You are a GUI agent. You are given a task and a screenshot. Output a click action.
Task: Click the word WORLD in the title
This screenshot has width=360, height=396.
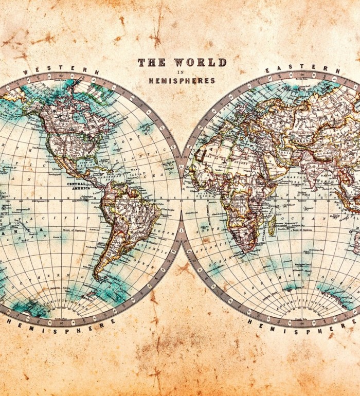(200, 63)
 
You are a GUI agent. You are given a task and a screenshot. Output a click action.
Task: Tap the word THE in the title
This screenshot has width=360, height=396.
(152, 63)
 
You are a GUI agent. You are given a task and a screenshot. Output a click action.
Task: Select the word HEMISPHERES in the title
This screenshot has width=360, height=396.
(182, 81)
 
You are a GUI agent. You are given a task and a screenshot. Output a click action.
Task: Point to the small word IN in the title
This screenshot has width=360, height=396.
(181, 72)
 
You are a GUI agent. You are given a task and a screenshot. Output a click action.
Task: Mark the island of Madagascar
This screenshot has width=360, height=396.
(272, 225)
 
